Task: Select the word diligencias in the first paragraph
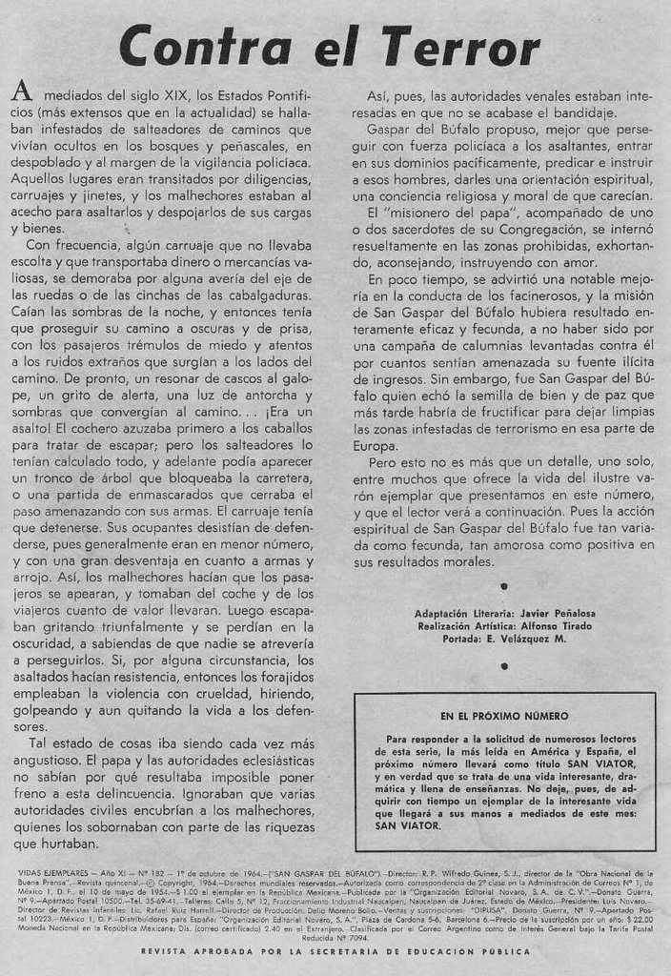[270, 177]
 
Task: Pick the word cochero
[108, 428]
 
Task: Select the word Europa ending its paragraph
[375, 445]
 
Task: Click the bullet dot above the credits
[503, 586]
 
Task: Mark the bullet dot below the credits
[503, 665]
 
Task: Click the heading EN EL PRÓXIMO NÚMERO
[504, 716]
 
